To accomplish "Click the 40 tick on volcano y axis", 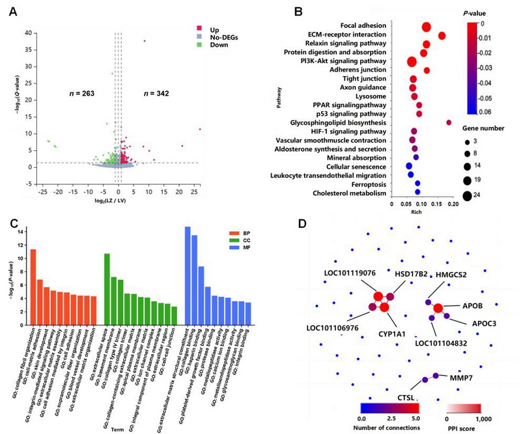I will point(28,33).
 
